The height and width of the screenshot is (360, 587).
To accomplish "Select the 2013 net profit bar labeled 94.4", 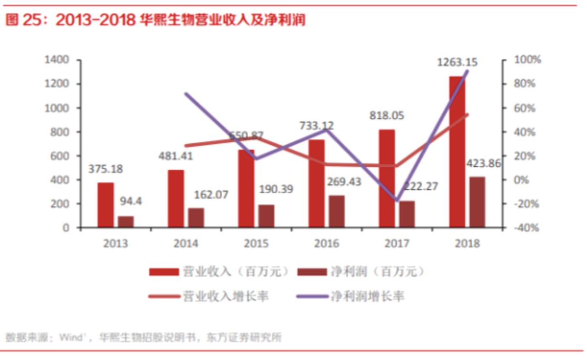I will click(126, 222).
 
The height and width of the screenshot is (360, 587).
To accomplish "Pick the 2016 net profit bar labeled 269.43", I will click(337, 211).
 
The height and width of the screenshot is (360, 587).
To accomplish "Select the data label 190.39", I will click(275, 189).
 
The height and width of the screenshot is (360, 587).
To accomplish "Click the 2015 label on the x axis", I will click(257, 244).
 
